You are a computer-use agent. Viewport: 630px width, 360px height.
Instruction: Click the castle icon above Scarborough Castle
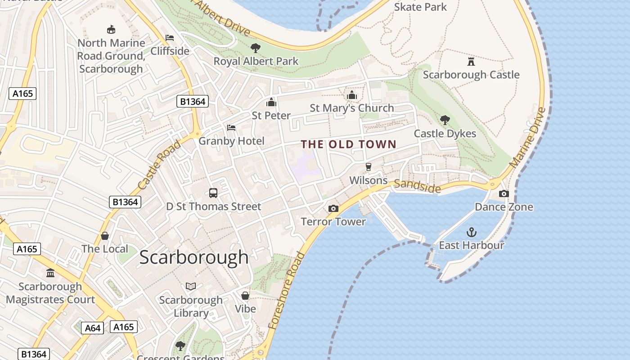click(471, 61)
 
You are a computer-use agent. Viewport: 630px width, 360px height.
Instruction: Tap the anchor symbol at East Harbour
click(471, 232)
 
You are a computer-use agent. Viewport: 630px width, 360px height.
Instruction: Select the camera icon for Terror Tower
click(333, 208)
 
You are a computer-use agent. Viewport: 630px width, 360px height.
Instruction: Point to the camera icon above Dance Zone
click(504, 194)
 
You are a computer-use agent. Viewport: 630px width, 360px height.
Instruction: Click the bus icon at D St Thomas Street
click(213, 193)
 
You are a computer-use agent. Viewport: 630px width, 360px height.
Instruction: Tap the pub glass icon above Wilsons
click(369, 167)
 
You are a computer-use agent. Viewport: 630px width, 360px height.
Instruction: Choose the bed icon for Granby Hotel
click(231, 128)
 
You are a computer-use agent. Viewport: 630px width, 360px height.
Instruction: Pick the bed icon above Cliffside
click(170, 38)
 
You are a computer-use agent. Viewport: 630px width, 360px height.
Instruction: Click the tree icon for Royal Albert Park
click(256, 48)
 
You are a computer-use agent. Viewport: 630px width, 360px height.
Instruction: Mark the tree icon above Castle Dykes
click(445, 120)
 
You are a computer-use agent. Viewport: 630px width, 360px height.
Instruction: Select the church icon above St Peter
click(271, 102)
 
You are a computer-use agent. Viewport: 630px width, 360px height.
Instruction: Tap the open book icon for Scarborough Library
click(191, 287)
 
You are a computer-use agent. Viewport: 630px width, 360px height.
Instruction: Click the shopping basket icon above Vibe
click(245, 296)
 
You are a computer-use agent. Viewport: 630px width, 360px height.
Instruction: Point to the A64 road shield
click(93, 328)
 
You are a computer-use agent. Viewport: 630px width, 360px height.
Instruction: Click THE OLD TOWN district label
click(348, 144)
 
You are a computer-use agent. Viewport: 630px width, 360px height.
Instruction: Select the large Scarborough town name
click(193, 257)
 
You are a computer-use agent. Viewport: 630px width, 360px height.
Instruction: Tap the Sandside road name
click(417, 186)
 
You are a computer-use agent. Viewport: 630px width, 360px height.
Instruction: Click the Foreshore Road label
click(286, 291)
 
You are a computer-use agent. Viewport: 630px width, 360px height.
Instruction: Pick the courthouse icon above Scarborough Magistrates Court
click(50, 273)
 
